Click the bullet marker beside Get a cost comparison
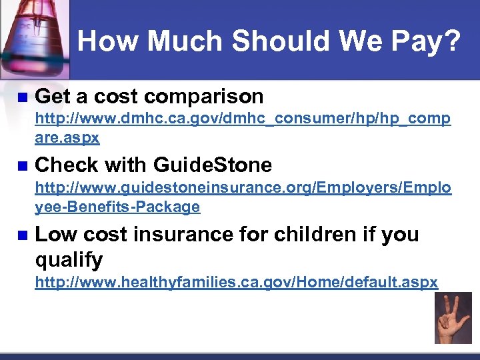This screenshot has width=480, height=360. click(x=21, y=97)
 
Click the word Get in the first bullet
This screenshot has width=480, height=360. click(x=53, y=97)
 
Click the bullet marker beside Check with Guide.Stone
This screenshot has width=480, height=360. click(x=21, y=165)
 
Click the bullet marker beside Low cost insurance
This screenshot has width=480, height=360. click(x=21, y=235)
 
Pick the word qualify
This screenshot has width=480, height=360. click(x=69, y=259)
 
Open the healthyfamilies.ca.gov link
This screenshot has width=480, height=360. click(x=236, y=282)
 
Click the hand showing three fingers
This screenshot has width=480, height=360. click(x=453, y=319)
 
